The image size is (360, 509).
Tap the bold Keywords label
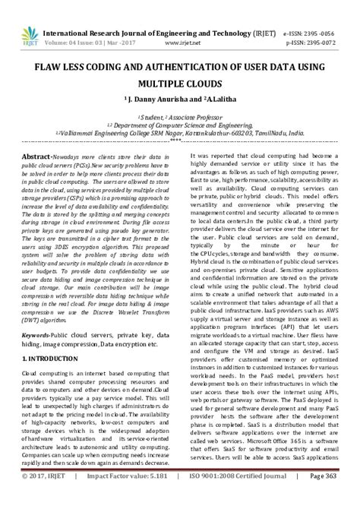coord(46,335)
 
